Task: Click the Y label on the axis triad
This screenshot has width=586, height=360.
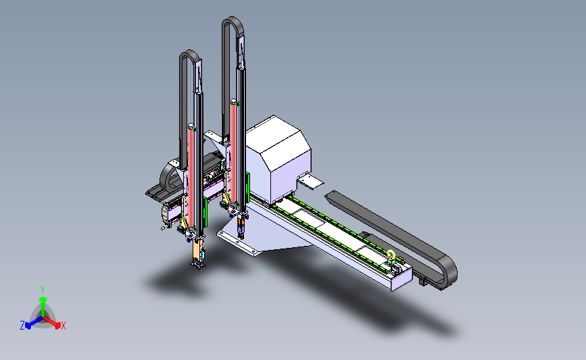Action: [43, 290]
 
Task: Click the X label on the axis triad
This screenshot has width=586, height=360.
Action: [63, 326]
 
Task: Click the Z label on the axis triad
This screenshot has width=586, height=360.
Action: [22, 326]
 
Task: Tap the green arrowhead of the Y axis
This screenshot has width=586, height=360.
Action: [43, 300]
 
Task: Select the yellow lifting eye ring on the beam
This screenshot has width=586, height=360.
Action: [391, 255]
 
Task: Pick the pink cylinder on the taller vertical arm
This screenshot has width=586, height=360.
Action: [235, 153]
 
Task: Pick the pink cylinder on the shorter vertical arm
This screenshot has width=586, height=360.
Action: [191, 178]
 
